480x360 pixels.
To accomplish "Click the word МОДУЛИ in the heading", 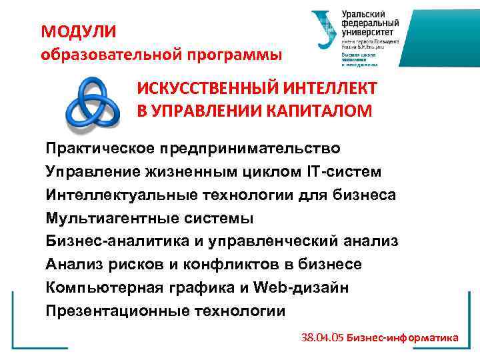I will click(x=78, y=31).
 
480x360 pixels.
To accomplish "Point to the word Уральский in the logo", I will click(x=363, y=14).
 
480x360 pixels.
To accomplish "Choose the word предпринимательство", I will click(x=264, y=148).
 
